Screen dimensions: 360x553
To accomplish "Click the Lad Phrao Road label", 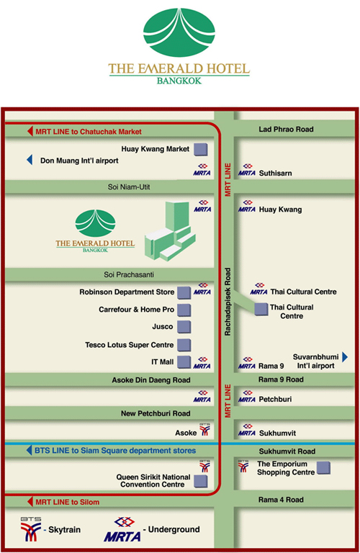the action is tap(286, 129).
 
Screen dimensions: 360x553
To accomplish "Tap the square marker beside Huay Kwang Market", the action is tap(201, 149).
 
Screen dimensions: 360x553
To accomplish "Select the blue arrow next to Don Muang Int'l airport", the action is tap(30, 160).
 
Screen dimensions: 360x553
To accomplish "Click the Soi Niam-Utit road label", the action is tap(129, 187).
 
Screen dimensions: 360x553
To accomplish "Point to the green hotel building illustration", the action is tap(170, 231).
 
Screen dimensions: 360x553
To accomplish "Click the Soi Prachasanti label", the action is tap(129, 274).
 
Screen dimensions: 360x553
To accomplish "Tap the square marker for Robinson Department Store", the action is tap(184, 293).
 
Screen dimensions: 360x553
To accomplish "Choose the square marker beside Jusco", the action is tap(184, 327).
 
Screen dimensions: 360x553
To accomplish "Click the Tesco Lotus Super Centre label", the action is tap(129, 345).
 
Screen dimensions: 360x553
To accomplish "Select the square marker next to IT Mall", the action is tap(184, 362).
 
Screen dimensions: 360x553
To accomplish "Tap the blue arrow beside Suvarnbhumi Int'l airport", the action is tap(345, 357).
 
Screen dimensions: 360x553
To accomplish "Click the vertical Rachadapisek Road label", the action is tap(228, 302).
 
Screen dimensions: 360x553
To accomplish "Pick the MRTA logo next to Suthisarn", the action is tap(247, 170).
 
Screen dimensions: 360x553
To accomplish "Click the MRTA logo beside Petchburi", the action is tap(247, 396).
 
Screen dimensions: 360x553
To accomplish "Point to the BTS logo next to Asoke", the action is tap(204, 429).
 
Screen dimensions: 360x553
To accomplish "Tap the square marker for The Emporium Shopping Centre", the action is tap(323, 467).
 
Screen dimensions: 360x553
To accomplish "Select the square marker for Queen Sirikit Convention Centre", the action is tap(201, 482).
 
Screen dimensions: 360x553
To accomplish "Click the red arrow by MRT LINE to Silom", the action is tap(30, 502).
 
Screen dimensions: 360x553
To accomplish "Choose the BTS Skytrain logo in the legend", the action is tap(31, 529).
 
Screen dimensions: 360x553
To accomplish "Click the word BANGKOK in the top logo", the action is tap(179, 81).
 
